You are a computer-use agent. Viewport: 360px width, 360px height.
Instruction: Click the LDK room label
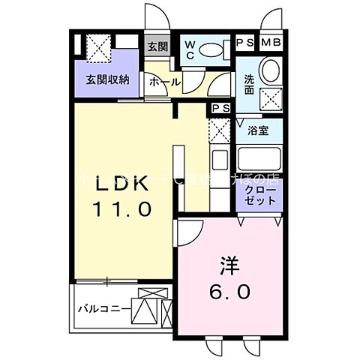[121, 184]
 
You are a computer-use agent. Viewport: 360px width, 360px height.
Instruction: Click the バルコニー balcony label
[101, 307]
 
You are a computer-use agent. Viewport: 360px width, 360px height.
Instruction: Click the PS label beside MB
[245, 43]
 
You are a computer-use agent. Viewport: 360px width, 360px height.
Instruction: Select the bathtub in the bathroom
[259, 160]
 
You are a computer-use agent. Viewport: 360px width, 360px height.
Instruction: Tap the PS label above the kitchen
[220, 109]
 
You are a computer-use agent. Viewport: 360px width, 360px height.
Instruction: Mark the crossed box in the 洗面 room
[268, 97]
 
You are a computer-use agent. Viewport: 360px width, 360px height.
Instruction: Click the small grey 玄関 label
[157, 46]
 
